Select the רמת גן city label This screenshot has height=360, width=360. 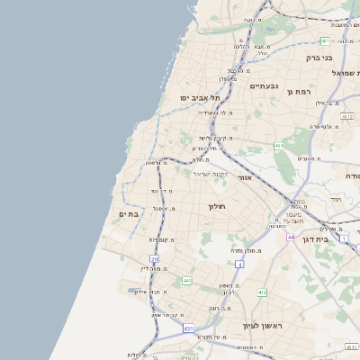coord(297,92)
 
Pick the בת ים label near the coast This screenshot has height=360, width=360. coord(128,214)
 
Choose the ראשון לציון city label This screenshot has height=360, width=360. coord(263,326)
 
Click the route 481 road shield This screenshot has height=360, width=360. coord(324,41)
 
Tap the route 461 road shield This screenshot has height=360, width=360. coord(280,146)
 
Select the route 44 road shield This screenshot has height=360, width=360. coord(291,237)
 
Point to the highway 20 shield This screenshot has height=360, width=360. coord(155,259)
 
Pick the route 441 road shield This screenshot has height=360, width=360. coord(186,281)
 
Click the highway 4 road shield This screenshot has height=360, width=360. coord(239,265)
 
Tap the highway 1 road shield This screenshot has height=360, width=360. coord(344,237)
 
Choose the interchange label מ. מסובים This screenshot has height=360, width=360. coord(308,158)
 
